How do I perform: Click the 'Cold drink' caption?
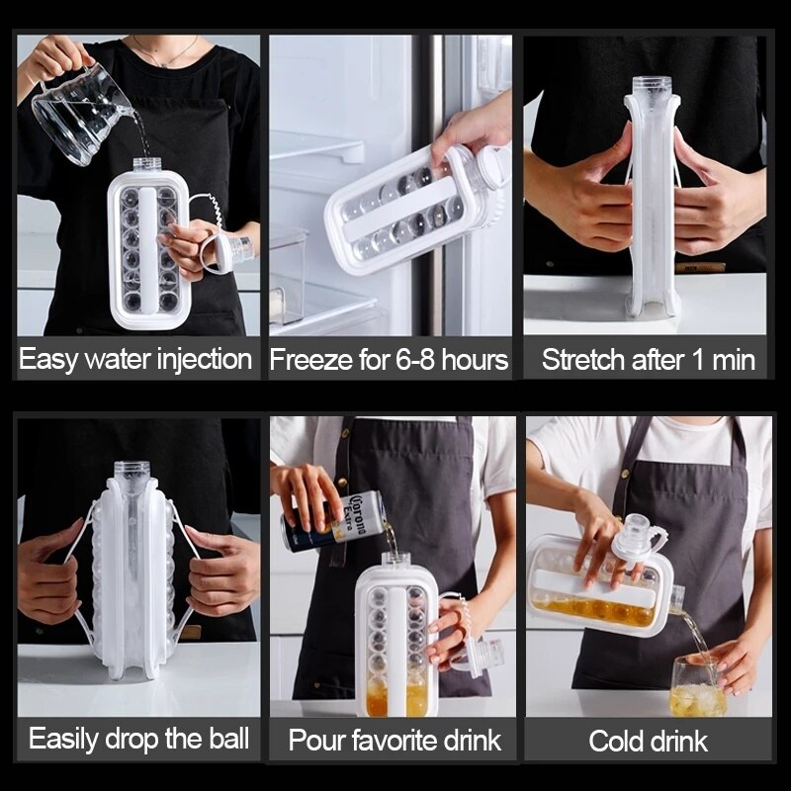[x=648, y=741]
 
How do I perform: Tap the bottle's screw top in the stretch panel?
[x=651, y=86]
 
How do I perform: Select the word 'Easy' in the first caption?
[x=47, y=359]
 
